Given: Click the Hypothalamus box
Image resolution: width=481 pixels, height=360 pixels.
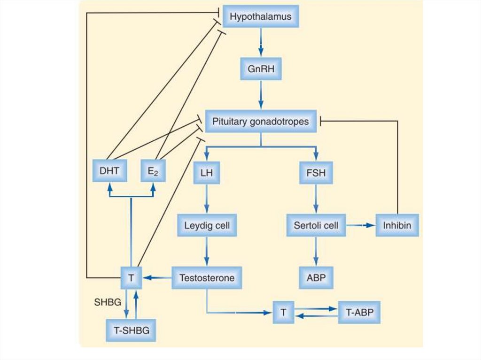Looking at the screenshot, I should pos(261,17).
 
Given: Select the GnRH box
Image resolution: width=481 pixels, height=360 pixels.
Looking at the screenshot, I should pos(261,69).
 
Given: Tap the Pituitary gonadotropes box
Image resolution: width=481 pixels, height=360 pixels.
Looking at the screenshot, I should pos(261,122).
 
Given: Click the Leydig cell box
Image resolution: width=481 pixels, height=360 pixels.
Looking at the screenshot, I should pos(207,225).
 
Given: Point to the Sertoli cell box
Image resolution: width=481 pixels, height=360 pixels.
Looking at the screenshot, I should pos(316,225).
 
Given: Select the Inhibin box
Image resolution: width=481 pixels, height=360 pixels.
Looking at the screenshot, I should pos(397,225).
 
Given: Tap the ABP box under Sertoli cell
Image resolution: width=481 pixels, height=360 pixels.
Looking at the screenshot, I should pos(316,277).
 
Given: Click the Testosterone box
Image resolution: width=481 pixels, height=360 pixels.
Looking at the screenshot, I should pos(207,277).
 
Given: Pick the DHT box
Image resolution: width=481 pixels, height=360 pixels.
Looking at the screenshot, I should pos(109,171).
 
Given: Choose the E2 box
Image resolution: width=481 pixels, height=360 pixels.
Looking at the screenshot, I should pos(154,171).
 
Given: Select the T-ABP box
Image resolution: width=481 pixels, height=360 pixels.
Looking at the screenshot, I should pos(359,313).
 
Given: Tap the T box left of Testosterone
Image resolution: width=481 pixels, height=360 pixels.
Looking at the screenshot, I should pos(131,278).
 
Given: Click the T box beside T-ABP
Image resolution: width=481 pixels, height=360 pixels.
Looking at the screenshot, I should pos(284,313).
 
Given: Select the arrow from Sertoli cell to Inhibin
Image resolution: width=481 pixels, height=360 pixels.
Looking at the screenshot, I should pos(361,226).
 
